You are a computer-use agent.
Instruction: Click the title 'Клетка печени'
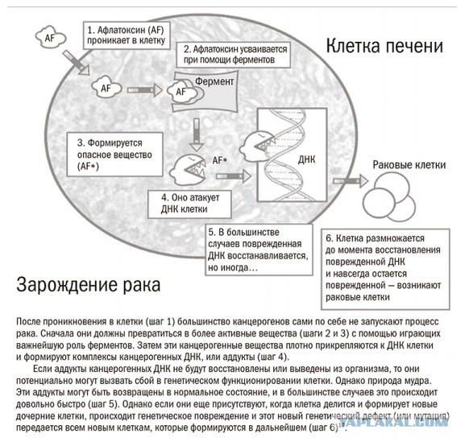(384, 47)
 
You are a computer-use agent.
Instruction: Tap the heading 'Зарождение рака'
(88, 285)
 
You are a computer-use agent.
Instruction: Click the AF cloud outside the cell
(50, 38)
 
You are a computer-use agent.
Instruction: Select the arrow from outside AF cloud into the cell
(77, 63)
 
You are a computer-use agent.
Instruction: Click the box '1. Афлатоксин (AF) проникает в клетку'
(127, 35)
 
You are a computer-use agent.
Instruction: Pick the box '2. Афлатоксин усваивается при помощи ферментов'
(234, 55)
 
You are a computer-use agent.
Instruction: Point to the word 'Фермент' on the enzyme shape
(214, 81)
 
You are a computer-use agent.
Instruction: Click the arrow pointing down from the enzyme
(197, 134)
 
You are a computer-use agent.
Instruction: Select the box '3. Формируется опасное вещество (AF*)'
(115, 155)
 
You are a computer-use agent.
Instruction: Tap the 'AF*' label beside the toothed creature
(220, 160)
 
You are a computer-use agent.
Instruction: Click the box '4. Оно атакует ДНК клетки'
(189, 204)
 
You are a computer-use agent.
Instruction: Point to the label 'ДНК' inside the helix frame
(306, 159)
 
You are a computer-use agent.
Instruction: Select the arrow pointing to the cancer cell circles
(351, 181)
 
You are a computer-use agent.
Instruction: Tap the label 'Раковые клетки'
(409, 165)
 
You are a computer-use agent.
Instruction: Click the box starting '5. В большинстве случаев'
(259, 250)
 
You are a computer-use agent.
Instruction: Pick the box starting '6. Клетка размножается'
(385, 269)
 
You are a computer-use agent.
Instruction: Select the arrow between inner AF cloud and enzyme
(145, 90)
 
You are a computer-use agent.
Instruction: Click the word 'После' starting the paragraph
(28, 321)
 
